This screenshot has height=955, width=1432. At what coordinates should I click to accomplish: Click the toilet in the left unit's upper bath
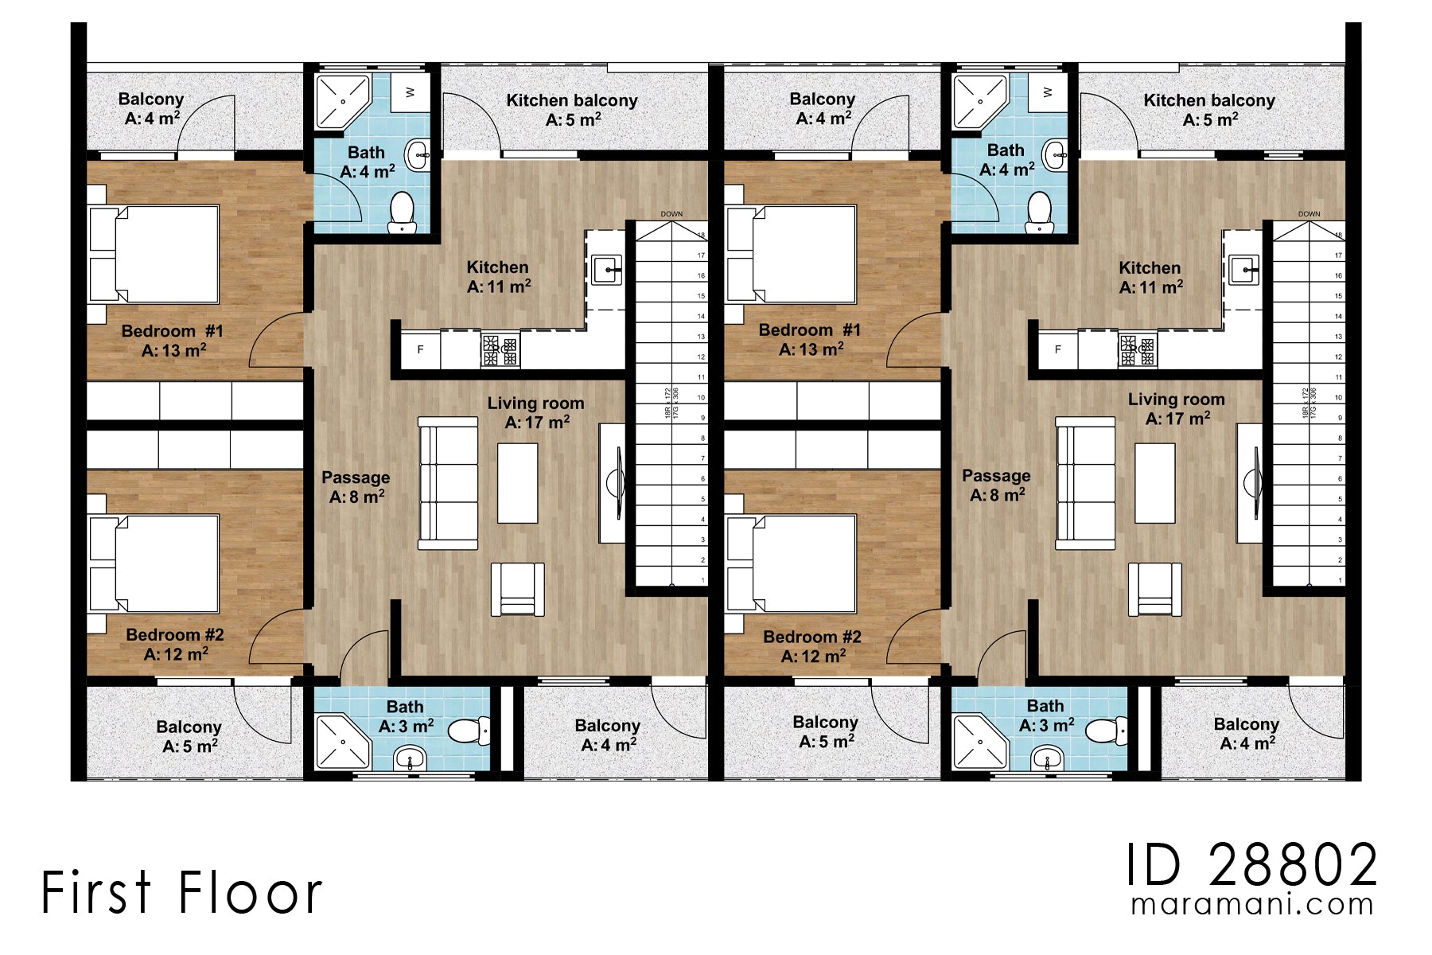tap(403, 212)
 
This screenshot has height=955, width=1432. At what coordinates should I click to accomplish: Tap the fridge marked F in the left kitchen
tap(421, 349)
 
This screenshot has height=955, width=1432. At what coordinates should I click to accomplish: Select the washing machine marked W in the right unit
tap(1047, 92)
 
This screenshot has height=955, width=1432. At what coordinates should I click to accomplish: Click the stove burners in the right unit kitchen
tap(1138, 350)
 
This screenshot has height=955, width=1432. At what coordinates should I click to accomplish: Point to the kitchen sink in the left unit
tap(609, 271)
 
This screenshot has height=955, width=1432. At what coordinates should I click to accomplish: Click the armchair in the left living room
tap(518, 589)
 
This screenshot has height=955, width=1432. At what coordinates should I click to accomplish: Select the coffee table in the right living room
tap(1154, 483)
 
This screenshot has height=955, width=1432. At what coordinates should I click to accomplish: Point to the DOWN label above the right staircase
tap(1309, 214)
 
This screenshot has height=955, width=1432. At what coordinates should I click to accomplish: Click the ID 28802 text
tap(1251, 865)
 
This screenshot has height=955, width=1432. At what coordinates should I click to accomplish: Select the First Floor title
tap(181, 892)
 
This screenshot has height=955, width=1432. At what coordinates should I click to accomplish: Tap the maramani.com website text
tap(1252, 905)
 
